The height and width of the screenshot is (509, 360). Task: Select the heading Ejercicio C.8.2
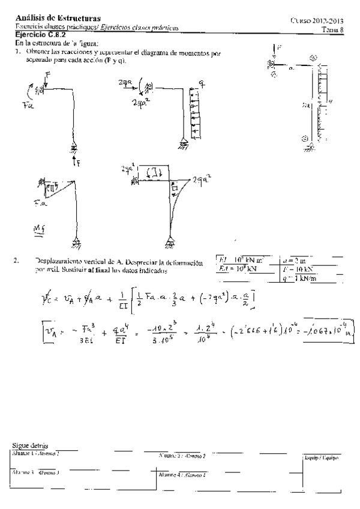click(41, 35)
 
